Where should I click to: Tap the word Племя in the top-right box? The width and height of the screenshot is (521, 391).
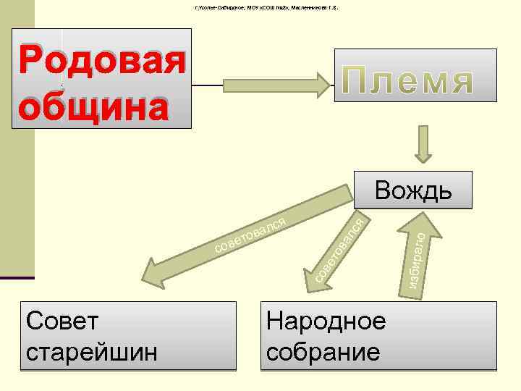tap(415, 82)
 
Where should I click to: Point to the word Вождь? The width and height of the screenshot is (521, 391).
tap(413, 190)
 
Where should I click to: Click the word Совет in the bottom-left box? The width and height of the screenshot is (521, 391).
tap(54, 321)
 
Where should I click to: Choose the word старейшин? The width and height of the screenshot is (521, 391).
tap(90, 352)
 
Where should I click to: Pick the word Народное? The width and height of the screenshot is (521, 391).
tap(326, 321)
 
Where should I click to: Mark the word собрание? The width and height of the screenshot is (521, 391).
tap(322, 352)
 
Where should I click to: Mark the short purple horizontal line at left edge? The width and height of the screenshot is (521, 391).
tap(17, 278)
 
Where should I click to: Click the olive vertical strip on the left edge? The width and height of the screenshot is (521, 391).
tap(17, 145)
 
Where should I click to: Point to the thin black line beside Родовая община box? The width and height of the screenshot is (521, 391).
tap(210, 85)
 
